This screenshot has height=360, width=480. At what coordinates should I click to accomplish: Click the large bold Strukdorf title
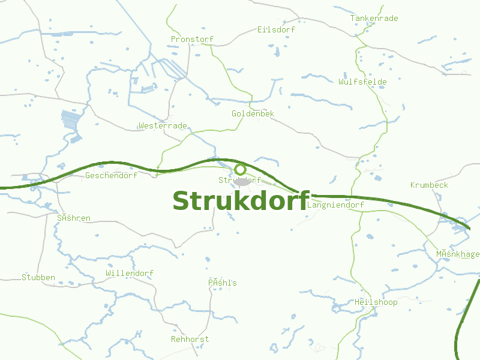241,201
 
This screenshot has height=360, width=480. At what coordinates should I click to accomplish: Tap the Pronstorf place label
192,40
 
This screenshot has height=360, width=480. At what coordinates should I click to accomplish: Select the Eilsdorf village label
277,29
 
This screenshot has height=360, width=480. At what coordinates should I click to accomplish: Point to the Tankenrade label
374,19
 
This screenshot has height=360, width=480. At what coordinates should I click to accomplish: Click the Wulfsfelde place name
362,82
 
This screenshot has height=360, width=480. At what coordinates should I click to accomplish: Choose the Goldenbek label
253,113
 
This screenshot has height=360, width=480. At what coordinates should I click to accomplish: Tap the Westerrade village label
163,126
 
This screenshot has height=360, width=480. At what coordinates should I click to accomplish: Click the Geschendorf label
111,176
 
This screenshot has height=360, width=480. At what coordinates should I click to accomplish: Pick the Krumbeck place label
429,185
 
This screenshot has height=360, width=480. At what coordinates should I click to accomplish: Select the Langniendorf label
335,205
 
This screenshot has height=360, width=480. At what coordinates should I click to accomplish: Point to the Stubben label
38,277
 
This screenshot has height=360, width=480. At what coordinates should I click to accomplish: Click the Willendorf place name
130,273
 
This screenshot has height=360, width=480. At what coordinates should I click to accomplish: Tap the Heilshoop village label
376,302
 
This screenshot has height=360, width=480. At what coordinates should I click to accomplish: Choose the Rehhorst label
190,339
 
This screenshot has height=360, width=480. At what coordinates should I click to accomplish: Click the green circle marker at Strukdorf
241,169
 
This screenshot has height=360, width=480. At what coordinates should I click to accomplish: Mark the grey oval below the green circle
241,181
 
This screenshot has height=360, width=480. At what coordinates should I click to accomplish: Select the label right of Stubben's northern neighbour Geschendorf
240,180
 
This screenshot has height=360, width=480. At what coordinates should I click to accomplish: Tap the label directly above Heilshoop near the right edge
458,254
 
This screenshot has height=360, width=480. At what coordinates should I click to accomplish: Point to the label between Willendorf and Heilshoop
223,283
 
